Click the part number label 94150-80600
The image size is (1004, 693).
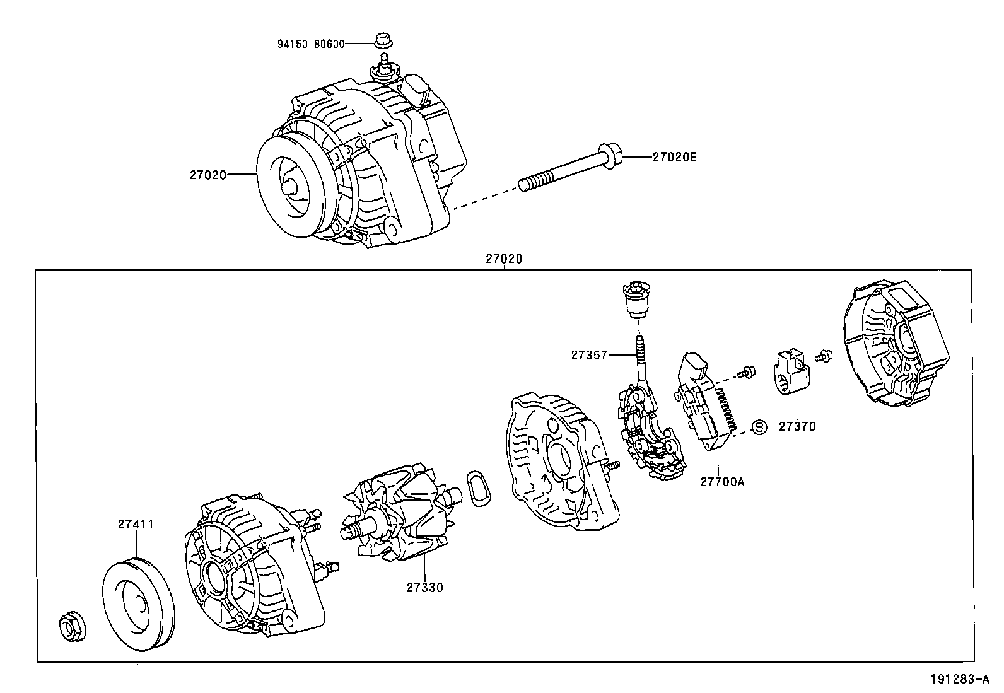pyautogui.click(x=311, y=44)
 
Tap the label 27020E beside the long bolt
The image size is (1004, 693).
pyautogui.click(x=674, y=157)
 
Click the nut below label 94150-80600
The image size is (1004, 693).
pyautogui.click(x=382, y=40)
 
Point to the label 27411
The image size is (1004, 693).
pyautogui.click(x=136, y=524)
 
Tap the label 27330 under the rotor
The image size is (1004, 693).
pyautogui.click(x=424, y=588)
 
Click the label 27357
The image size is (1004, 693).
pyautogui.click(x=589, y=355)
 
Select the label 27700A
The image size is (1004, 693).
pyautogui.click(x=722, y=482)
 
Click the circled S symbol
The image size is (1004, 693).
pyautogui.click(x=760, y=427)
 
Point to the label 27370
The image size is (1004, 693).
pyautogui.click(x=797, y=426)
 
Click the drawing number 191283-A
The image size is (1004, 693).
pyautogui.click(x=959, y=679)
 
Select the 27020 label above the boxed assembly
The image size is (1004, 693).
pyautogui.click(x=504, y=259)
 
